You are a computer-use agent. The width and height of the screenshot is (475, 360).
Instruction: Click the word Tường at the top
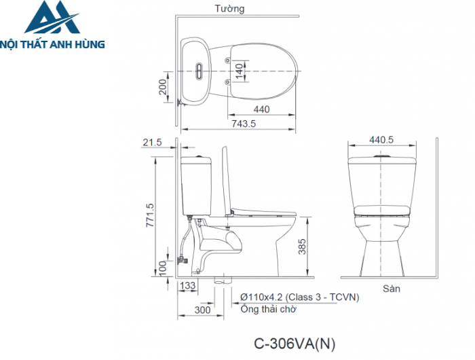tap(229, 9)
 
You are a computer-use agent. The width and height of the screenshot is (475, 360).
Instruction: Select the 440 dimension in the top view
tap(262, 109)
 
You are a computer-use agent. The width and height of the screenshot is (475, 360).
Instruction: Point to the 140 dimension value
tap(239, 71)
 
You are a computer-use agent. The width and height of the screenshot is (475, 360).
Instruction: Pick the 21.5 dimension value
tap(153, 142)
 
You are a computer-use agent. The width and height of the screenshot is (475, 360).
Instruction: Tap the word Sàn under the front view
tap(391, 288)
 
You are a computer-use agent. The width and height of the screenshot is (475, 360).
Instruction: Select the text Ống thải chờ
tap(268, 309)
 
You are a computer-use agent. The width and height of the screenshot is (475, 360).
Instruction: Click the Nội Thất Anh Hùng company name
tap(52, 44)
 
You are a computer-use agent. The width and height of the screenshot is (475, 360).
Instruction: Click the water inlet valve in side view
tap(181, 259)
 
